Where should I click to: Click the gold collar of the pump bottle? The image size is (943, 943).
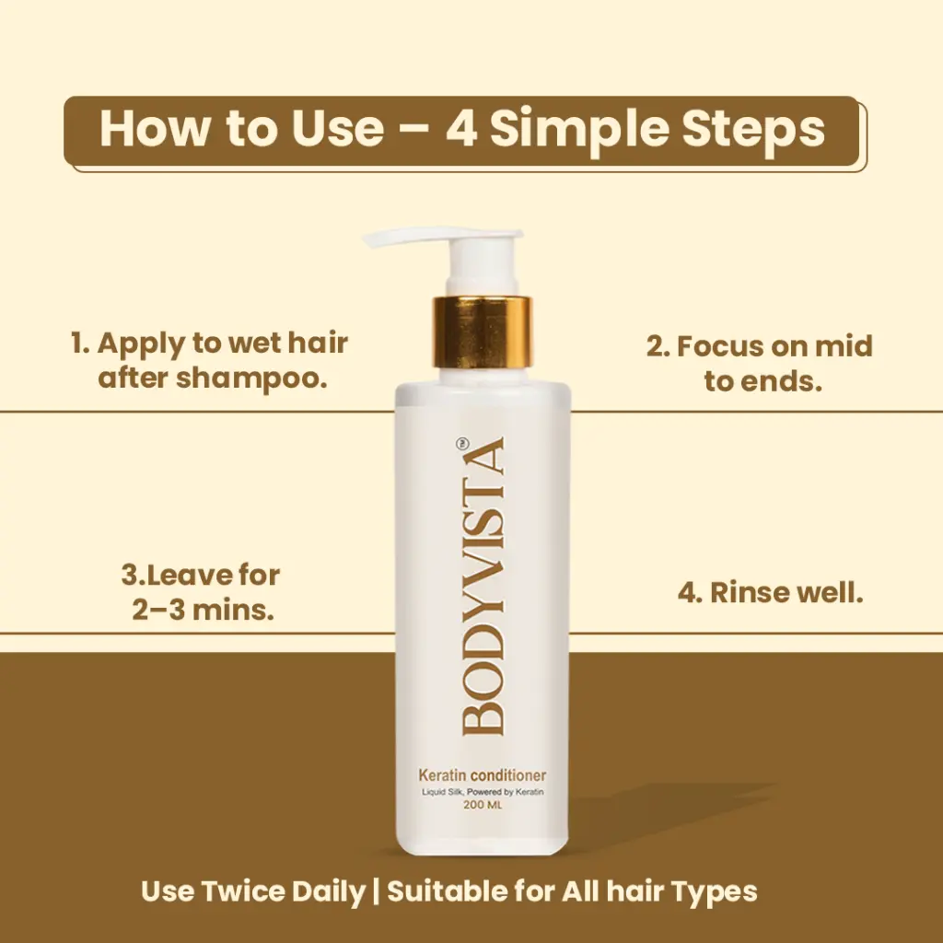click(x=483, y=332)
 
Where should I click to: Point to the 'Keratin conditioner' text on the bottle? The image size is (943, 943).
click(x=483, y=775)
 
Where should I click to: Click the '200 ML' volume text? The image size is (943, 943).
click(x=483, y=805)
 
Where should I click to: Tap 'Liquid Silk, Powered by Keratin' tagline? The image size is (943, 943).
click(x=483, y=791)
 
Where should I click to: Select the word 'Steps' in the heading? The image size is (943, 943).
click(x=753, y=129)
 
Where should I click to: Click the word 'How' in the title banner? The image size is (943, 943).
click(x=156, y=128)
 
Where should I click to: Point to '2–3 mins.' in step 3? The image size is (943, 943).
click(x=204, y=610)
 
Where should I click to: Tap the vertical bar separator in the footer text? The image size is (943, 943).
click(x=376, y=891)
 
